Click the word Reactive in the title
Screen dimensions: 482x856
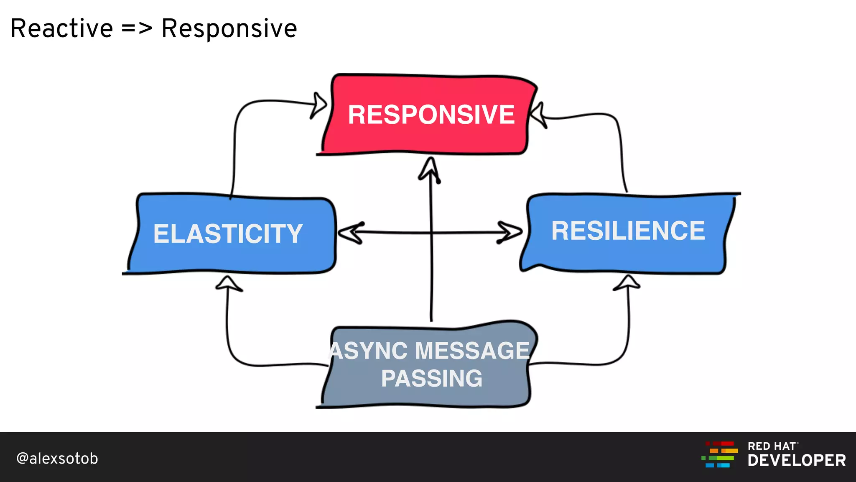62,28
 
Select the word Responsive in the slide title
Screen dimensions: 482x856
229,28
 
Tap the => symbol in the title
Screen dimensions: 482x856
137,28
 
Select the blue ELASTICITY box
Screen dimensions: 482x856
230,234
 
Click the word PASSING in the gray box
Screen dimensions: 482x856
431,379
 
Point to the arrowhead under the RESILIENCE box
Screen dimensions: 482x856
627,282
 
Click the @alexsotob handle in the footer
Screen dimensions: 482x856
57,459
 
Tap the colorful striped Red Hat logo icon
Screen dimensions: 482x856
719,455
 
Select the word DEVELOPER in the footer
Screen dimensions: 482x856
797,461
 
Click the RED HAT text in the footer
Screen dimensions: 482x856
772,446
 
